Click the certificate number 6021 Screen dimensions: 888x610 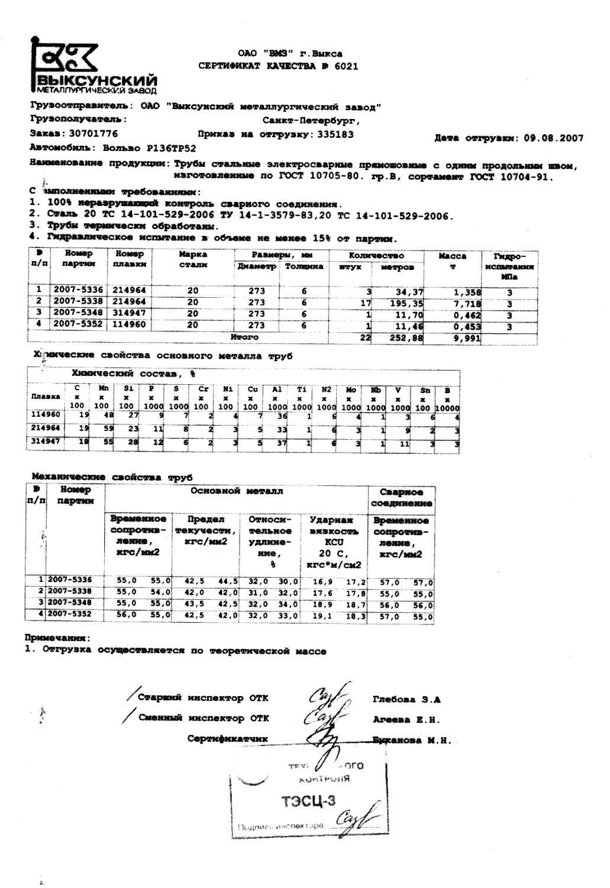point(346,66)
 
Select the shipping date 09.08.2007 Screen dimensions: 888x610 point(553,138)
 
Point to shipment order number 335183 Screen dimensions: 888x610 point(335,134)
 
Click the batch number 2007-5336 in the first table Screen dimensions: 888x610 point(78,291)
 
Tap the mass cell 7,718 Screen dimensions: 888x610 point(468,303)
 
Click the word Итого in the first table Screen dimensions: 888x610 point(245,337)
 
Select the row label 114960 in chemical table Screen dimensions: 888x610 point(46,415)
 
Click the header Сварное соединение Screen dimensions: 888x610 point(401,497)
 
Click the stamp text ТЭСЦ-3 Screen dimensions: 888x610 point(308,802)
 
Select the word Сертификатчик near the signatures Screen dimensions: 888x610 point(227,738)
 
